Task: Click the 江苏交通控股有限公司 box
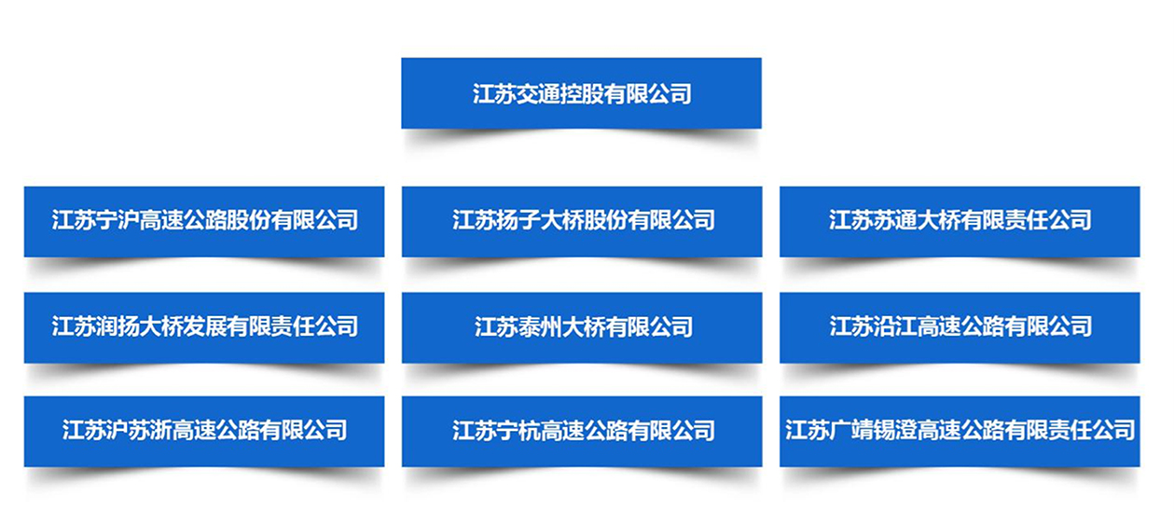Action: click(581, 93)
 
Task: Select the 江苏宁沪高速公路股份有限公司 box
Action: click(204, 221)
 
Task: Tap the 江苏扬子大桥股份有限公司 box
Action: click(582, 221)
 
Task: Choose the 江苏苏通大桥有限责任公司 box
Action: click(960, 221)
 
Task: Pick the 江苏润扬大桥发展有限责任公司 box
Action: click(204, 327)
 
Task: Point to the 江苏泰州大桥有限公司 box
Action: click(582, 327)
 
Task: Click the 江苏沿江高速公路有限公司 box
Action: click(960, 327)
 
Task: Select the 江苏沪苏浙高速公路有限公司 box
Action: click(204, 432)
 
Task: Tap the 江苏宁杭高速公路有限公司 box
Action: click(582, 432)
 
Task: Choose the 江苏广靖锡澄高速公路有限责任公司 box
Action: click(960, 432)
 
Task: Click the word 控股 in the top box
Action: click(582, 94)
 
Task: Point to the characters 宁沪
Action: click(117, 220)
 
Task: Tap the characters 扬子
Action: click(518, 220)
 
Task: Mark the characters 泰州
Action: click(540, 326)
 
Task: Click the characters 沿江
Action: click(895, 326)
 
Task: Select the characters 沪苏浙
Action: click(139, 430)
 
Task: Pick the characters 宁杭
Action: click(518, 431)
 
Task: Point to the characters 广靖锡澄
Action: click(873, 430)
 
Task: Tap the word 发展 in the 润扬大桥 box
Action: click(204, 326)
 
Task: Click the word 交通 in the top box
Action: click(538, 94)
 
